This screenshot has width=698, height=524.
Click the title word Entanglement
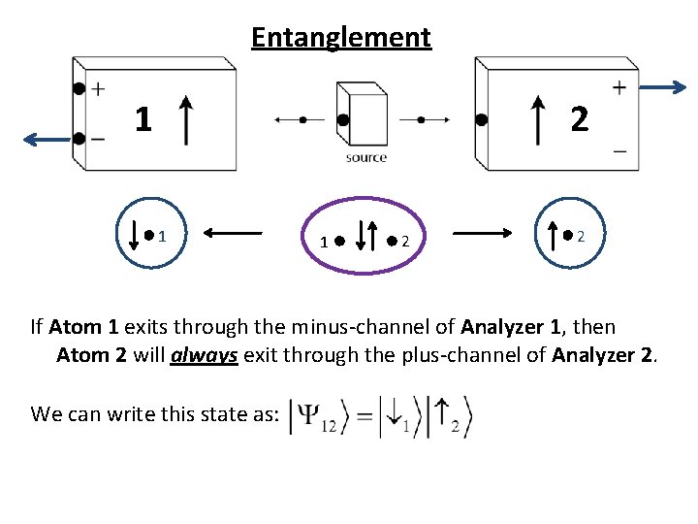pos(340,37)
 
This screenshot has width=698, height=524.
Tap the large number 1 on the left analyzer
pos(143,119)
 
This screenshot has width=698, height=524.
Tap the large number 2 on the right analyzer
pos(579,119)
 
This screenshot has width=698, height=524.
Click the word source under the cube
pos(365,157)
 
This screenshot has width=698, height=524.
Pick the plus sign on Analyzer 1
pos(98,89)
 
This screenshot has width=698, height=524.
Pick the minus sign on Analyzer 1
pos(98,139)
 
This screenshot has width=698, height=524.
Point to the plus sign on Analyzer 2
pos(619,87)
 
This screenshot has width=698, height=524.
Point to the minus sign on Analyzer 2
pos(619,151)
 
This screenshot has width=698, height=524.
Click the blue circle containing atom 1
pos(148,234)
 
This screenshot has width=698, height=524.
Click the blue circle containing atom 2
pos(567,234)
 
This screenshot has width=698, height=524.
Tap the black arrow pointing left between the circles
pos(233,233)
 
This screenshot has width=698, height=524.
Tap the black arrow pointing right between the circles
pos(484,233)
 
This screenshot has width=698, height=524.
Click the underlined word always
pos(205,355)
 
